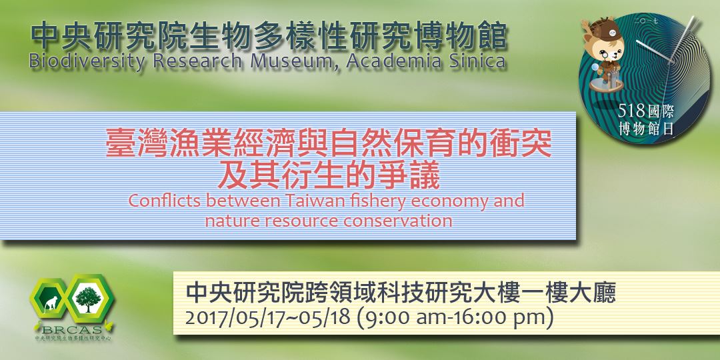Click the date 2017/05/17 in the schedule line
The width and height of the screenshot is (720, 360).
click(227, 318)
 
